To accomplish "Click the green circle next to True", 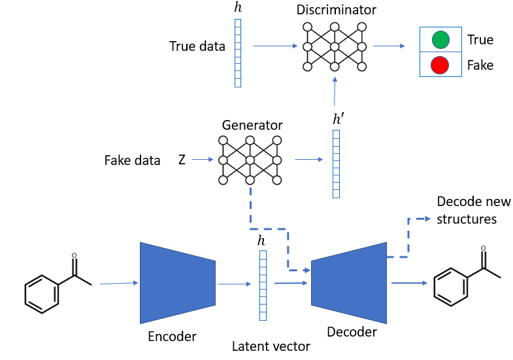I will point(440,40).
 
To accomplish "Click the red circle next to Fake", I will point(440,65).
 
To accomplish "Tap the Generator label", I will point(252,125).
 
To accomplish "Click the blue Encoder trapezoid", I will point(177,282).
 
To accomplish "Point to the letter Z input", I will point(182,160).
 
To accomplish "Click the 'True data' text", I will point(197,46).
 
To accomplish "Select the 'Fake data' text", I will point(132,160).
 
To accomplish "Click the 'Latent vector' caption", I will point(271,346).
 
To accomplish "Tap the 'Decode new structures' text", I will point(473,210).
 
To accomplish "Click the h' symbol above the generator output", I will point(337,119).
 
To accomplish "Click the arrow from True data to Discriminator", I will point(274,46).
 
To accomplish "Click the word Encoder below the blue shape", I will point(172,336).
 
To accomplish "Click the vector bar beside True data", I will point(237,53).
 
